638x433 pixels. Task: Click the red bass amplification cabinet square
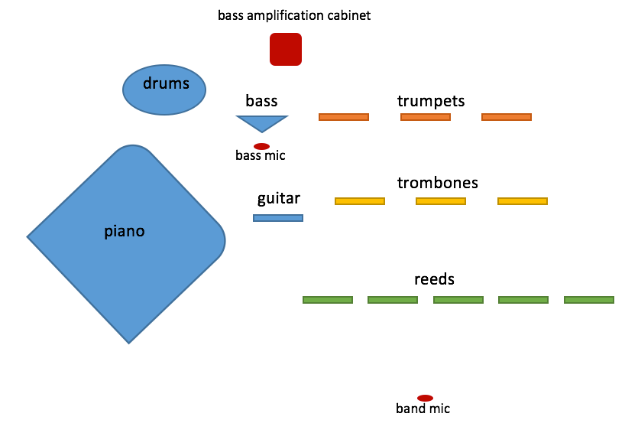[286, 49]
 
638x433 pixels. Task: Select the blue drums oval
[165, 90]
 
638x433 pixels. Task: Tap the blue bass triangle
[262, 122]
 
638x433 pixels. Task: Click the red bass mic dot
[261, 146]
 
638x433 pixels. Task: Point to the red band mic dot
[425, 398]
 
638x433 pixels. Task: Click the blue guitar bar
[278, 218]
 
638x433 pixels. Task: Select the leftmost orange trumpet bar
[344, 117]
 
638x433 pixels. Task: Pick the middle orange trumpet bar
[426, 117]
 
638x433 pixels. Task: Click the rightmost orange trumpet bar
[507, 117]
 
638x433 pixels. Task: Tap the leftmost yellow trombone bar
[360, 201]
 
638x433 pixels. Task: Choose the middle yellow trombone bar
[441, 201]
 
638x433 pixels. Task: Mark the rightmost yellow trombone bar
[523, 201]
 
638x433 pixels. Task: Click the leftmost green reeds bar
[328, 300]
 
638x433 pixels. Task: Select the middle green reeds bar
[458, 300]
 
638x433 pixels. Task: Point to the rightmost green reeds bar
[589, 300]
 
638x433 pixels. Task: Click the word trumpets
[431, 101]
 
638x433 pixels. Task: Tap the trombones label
[438, 183]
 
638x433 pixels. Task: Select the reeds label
[434, 279]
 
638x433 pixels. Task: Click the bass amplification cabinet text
[294, 15]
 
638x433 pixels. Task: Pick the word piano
[125, 230]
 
